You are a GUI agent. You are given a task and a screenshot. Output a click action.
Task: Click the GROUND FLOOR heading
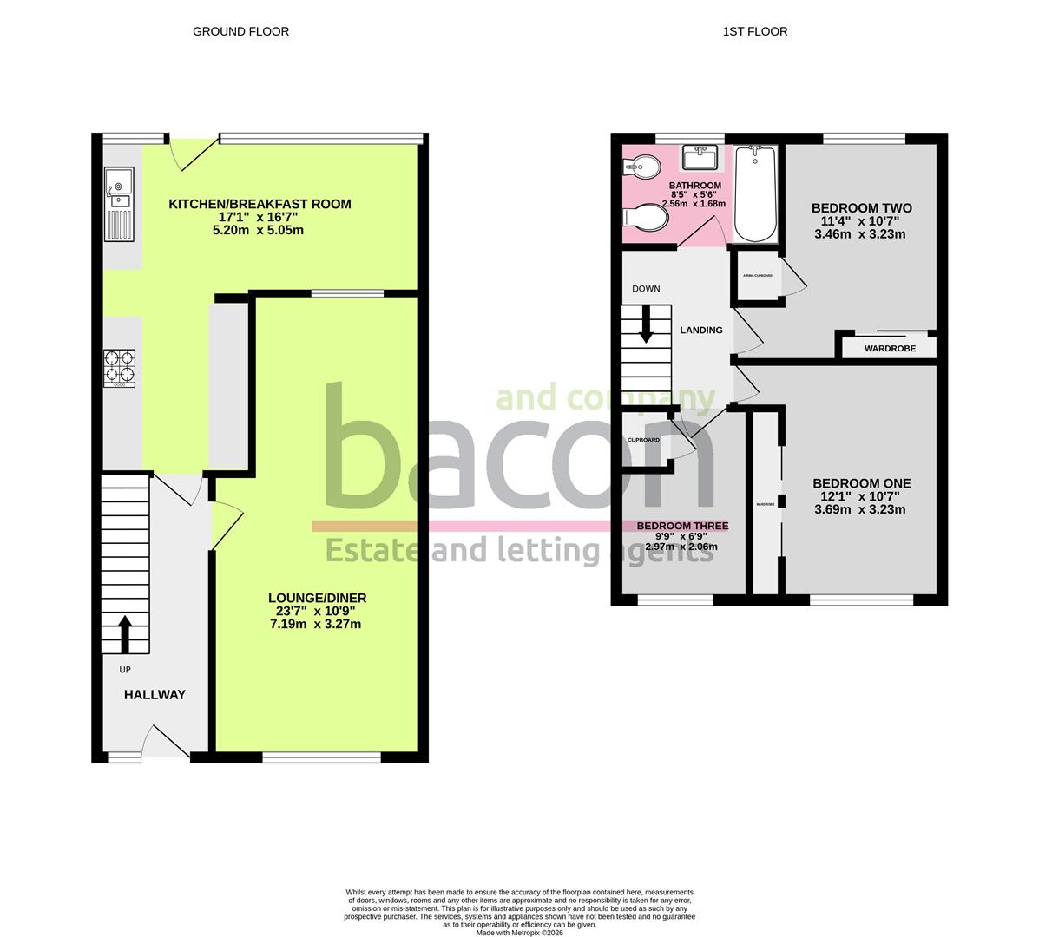(240, 31)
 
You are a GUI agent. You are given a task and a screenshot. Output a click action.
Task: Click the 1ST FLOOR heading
(754, 31)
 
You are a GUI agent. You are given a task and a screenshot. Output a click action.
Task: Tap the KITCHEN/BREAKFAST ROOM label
(260, 204)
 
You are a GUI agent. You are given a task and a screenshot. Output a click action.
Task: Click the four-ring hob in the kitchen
(120, 367)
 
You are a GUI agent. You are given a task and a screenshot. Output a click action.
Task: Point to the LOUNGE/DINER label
(317, 598)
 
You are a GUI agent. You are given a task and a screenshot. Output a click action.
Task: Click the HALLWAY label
(155, 694)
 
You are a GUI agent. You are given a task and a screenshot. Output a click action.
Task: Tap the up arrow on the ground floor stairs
(124, 633)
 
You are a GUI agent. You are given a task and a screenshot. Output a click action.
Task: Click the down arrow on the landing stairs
(647, 325)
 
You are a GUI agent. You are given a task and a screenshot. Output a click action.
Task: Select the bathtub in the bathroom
(755, 194)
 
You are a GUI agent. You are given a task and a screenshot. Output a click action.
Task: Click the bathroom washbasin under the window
(700, 158)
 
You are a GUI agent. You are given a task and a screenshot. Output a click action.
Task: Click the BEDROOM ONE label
(861, 483)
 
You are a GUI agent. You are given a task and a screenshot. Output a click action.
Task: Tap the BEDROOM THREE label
(682, 526)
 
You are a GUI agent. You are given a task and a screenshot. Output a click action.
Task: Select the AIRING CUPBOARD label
(757, 275)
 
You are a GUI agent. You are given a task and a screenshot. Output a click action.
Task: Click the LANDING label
(700, 330)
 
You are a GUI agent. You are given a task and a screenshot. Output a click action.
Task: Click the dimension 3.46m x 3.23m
(861, 234)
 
